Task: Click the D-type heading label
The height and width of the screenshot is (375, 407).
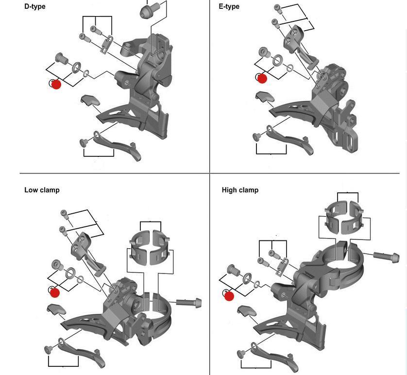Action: tap(35, 7)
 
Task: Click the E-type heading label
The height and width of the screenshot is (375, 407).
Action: tap(229, 7)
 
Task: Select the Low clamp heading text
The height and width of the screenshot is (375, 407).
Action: tap(42, 190)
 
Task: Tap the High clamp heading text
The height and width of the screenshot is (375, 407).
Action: tap(240, 190)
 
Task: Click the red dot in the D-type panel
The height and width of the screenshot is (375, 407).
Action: tap(56, 84)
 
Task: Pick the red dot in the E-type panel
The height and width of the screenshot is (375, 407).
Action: tap(262, 78)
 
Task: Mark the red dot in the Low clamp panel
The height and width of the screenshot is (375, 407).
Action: tap(55, 292)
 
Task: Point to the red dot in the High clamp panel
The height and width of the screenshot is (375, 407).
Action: tap(229, 296)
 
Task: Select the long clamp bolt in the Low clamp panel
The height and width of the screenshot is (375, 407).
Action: tap(189, 303)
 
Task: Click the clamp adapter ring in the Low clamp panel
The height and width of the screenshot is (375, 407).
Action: tap(150, 247)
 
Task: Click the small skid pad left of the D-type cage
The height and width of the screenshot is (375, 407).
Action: tap(89, 101)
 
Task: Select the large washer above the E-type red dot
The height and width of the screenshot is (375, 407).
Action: tap(278, 61)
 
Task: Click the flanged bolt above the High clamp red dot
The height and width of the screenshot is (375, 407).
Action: tap(232, 270)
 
